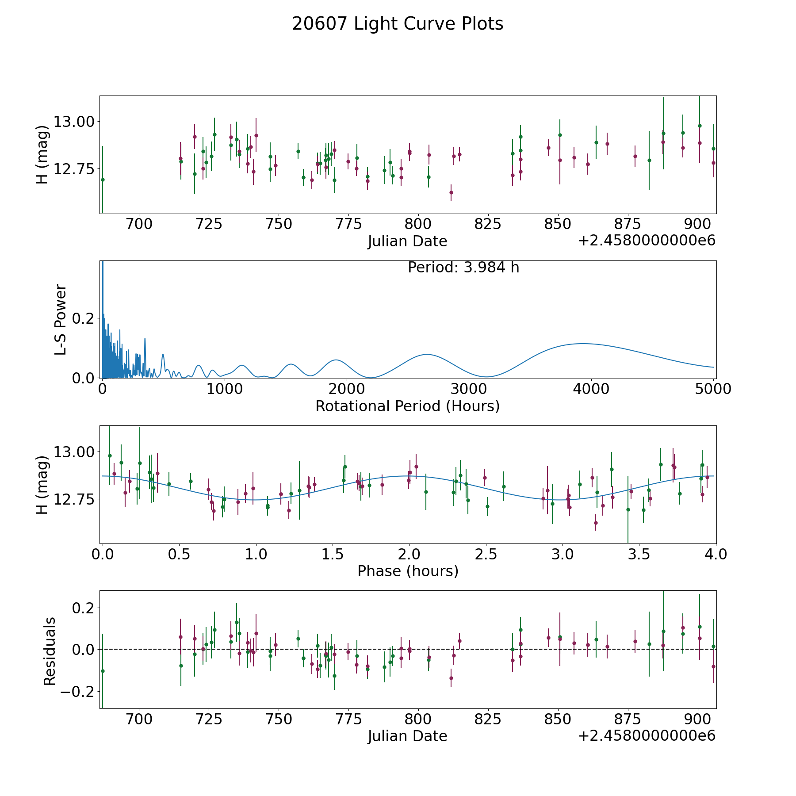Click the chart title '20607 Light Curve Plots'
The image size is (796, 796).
coord(398,24)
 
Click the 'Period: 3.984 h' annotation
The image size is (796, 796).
coord(463,268)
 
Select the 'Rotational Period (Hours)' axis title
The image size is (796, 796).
coord(408,406)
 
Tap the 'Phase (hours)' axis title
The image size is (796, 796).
coord(408,571)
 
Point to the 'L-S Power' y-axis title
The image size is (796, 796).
coord(61,320)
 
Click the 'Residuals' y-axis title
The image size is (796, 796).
coord(50,651)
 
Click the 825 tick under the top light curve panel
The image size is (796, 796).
coord(488,224)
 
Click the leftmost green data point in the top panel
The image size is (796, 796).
coord(103,180)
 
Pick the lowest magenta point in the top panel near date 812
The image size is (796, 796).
coord(451,192)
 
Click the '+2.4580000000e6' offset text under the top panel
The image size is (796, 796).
coord(647,241)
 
